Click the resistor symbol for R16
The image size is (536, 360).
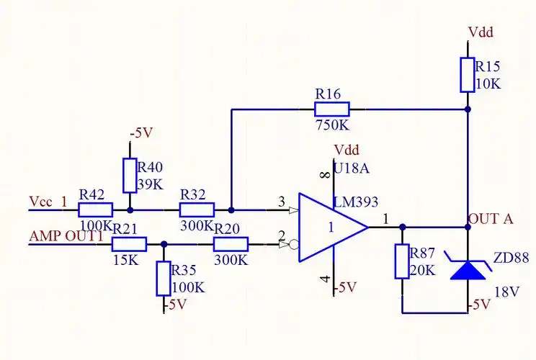[332, 109]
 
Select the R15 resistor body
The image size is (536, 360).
[467, 75]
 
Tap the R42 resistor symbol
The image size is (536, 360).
[95, 210]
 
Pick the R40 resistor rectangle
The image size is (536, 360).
[130, 176]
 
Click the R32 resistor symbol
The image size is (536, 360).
[197, 210]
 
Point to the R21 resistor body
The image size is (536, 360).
[130, 244]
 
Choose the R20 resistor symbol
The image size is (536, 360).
[231, 244]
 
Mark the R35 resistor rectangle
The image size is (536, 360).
[164, 279]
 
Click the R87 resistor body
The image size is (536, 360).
[402, 261]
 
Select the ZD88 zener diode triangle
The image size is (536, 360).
[467, 269]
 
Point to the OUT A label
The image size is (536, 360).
[491, 219]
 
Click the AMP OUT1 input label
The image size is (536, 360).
[62, 236]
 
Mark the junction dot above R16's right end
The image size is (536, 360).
[467, 109]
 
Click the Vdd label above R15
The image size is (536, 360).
[481, 32]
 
